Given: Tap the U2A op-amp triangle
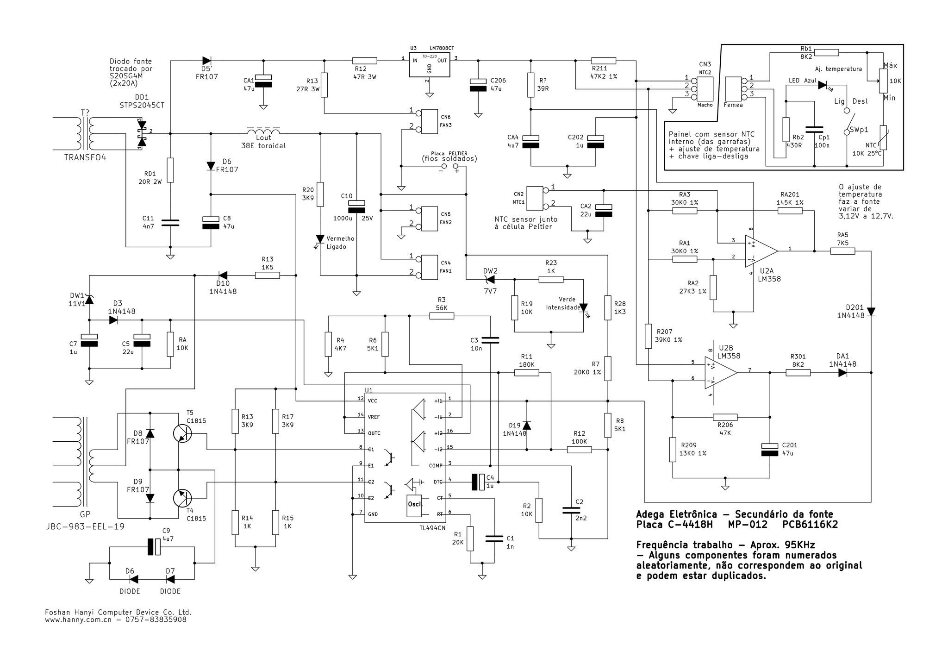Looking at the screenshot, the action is [x=761, y=251].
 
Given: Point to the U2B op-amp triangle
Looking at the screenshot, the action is [x=721, y=373].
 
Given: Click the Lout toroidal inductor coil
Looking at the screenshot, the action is [x=263, y=130].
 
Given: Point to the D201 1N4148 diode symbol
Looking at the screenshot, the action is [x=871, y=312].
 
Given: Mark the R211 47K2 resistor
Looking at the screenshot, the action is [x=604, y=60].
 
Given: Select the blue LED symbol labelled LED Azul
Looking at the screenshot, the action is [x=823, y=85].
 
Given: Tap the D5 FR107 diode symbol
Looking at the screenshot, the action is [x=206, y=60].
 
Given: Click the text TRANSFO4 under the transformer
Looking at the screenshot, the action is [x=85, y=157].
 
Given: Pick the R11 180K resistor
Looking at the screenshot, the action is [x=526, y=372].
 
